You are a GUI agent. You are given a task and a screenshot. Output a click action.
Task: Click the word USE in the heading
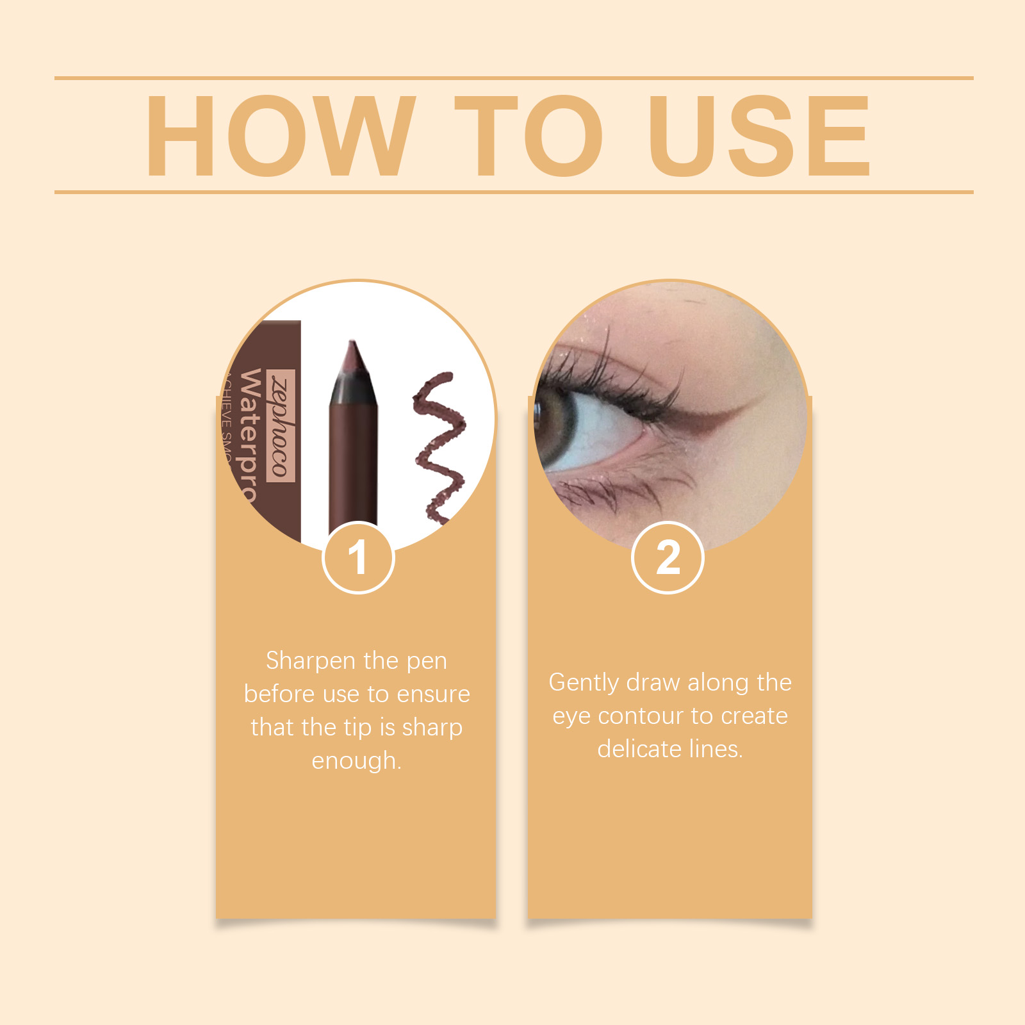point(759,136)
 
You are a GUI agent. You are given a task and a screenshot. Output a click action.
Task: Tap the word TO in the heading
point(529,136)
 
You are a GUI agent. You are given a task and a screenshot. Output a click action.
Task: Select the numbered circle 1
point(358,557)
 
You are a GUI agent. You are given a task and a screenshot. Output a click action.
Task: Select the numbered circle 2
point(668,557)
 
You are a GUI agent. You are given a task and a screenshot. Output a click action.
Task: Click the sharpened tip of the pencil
point(352,349)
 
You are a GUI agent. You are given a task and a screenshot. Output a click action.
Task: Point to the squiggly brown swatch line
point(439,448)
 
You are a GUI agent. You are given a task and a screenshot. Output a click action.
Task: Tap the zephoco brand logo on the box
point(282,425)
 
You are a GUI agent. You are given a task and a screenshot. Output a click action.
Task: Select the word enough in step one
point(356,761)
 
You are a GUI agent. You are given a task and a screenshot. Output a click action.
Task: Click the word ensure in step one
point(433,694)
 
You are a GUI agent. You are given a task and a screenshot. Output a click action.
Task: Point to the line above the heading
point(512,78)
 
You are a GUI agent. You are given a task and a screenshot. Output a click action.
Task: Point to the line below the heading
point(512,192)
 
